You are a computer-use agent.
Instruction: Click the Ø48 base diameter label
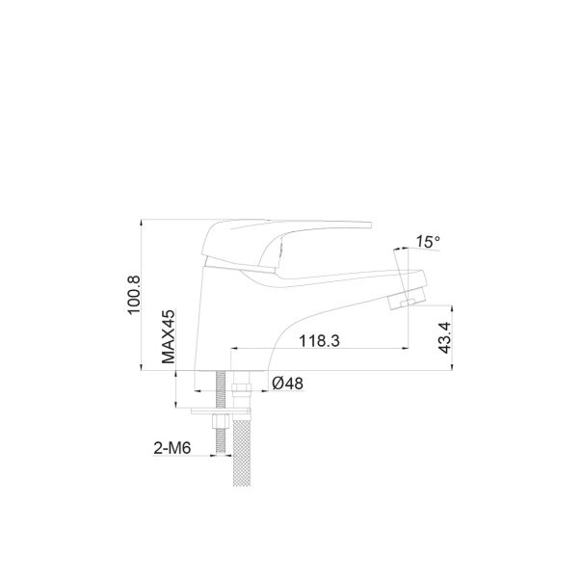pos(288,383)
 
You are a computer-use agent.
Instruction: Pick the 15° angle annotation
pos(428,242)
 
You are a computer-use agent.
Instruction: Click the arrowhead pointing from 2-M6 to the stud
pos(213,455)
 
